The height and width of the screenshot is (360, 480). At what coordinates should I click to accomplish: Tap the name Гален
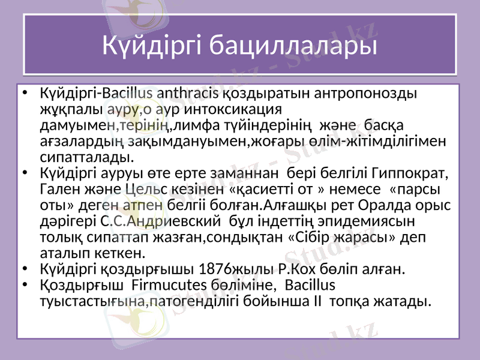tap(58, 189)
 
